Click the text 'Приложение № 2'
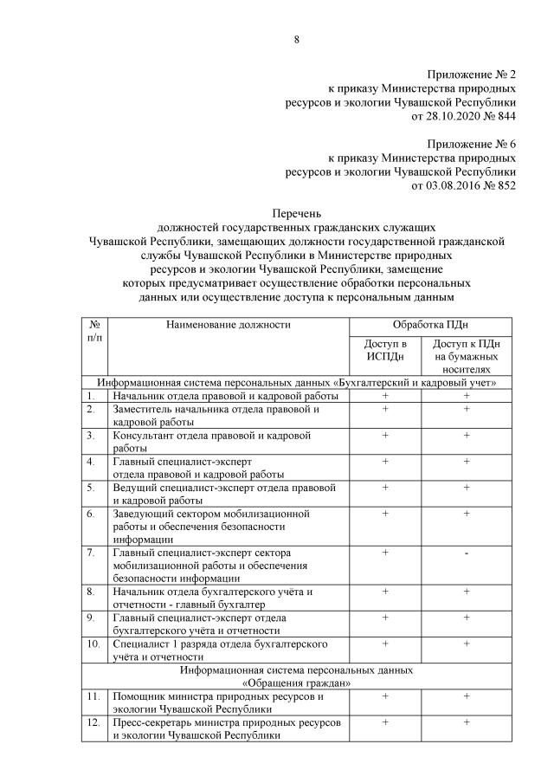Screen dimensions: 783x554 coord(472,75)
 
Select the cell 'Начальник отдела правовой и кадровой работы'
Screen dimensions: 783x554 coord(224,396)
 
